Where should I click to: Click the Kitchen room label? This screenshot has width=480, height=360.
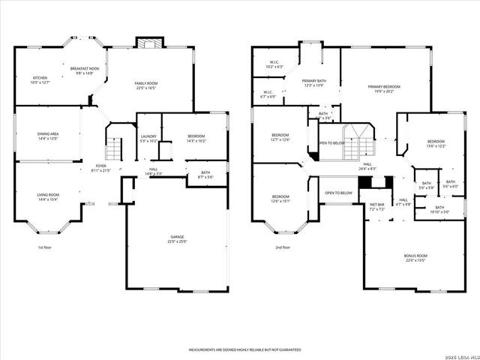click(x=40, y=79)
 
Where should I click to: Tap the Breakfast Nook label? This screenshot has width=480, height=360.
click(x=90, y=69)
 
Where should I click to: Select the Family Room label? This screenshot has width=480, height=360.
click(x=145, y=84)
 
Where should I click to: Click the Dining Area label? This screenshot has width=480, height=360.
click(x=48, y=135)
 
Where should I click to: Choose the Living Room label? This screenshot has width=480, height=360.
click(x=48, y=196)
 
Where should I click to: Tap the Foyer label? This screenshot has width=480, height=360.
click(x=100, y=166)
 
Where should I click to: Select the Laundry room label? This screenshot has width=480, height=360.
click(x=148, y=137)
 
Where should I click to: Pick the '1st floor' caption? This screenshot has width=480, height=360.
click(x=46, y=247)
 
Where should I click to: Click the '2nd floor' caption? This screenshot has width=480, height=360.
click(x=282, y=247)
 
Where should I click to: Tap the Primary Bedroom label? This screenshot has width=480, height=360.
click(x=384, y=88)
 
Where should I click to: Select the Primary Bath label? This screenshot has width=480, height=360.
click(x=313, y=82)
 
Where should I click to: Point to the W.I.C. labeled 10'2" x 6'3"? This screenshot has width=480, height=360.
click(x=274, y=64)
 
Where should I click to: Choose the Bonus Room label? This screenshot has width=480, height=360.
click(x=415, y=258)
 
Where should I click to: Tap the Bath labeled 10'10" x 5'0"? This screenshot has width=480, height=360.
click(x=439, y=209)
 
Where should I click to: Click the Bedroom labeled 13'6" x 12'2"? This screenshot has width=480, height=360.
click(x=436, y=143)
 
